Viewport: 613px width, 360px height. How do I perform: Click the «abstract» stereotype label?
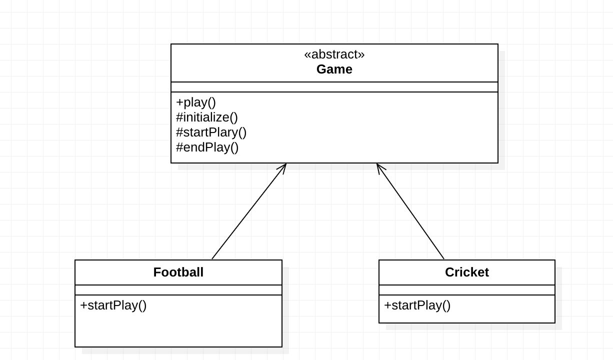click(x=334, y=54)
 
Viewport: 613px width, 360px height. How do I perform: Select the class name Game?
click(x=334, y=69)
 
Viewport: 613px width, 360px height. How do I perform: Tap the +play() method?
click(x=196, y=102)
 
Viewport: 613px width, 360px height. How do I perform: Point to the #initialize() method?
click(x=207, y=117)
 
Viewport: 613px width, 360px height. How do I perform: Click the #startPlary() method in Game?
click(x=211, y=132)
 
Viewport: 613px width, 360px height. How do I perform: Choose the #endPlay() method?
click(x=207, y=147)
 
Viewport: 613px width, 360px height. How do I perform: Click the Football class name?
click(x=178, y=272)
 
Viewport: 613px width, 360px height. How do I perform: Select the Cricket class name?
click(x=466, y=272)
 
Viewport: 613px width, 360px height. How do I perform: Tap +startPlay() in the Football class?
click(x=113, y=305)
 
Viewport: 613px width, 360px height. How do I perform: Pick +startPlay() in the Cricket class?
click(x=417, y=305)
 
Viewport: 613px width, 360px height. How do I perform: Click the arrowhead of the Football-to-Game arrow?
click(x=284, y=166)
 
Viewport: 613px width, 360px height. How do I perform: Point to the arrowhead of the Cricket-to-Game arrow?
click(x=378, y=166)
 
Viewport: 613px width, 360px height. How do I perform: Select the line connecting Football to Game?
click(x=248, y=211)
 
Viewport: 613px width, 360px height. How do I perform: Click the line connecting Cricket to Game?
click(x=410, y=211)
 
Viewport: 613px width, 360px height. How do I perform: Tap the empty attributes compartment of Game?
click(x=334, y=87)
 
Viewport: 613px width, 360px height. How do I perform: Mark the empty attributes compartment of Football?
click(x=178, y=290)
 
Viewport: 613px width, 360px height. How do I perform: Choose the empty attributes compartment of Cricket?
click(x=466, y=290)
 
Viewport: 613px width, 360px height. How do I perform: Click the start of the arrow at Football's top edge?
click(x=212, y=258)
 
